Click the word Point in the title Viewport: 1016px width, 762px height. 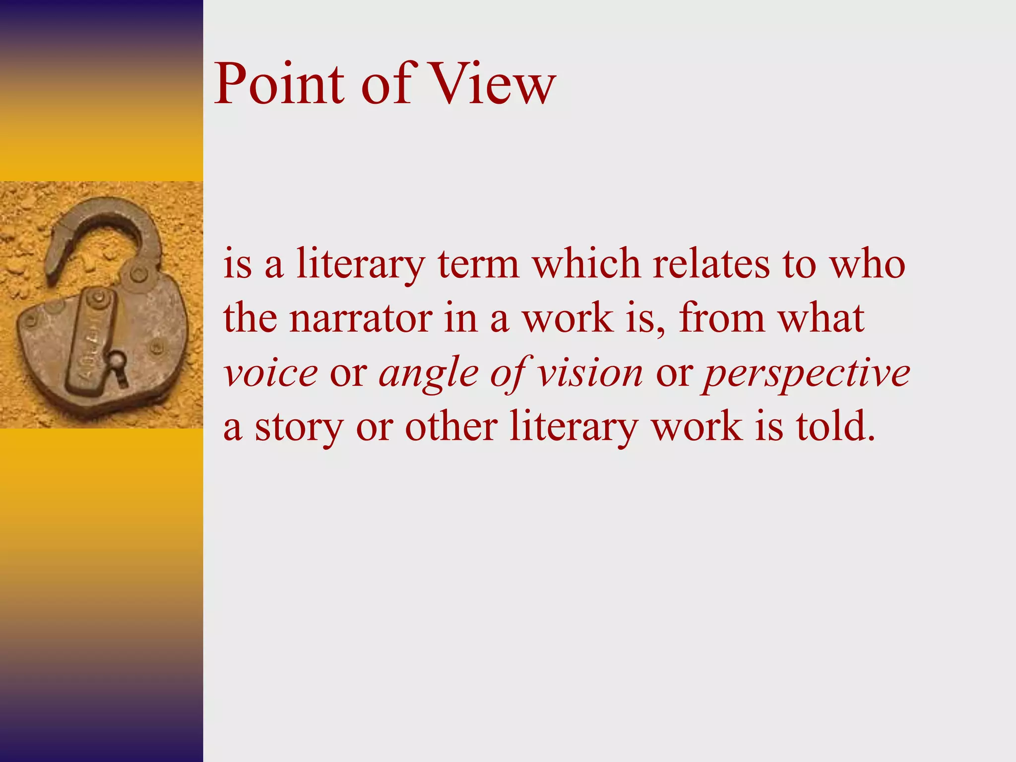point(279,84)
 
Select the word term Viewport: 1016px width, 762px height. point(478,264)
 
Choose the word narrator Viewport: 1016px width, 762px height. point(361,318)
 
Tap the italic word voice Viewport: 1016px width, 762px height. point(270,373)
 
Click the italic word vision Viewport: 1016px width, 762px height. point(590,373)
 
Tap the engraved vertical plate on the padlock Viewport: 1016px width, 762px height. point(92,337)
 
